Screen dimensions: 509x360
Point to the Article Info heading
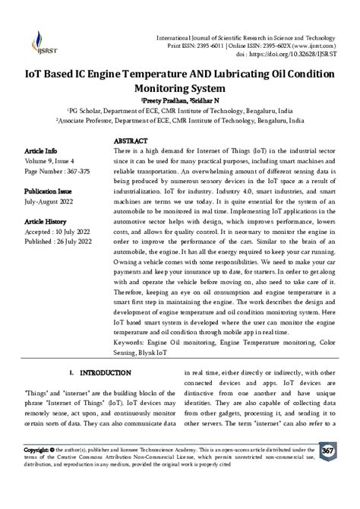41,151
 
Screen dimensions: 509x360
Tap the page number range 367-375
81,172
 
